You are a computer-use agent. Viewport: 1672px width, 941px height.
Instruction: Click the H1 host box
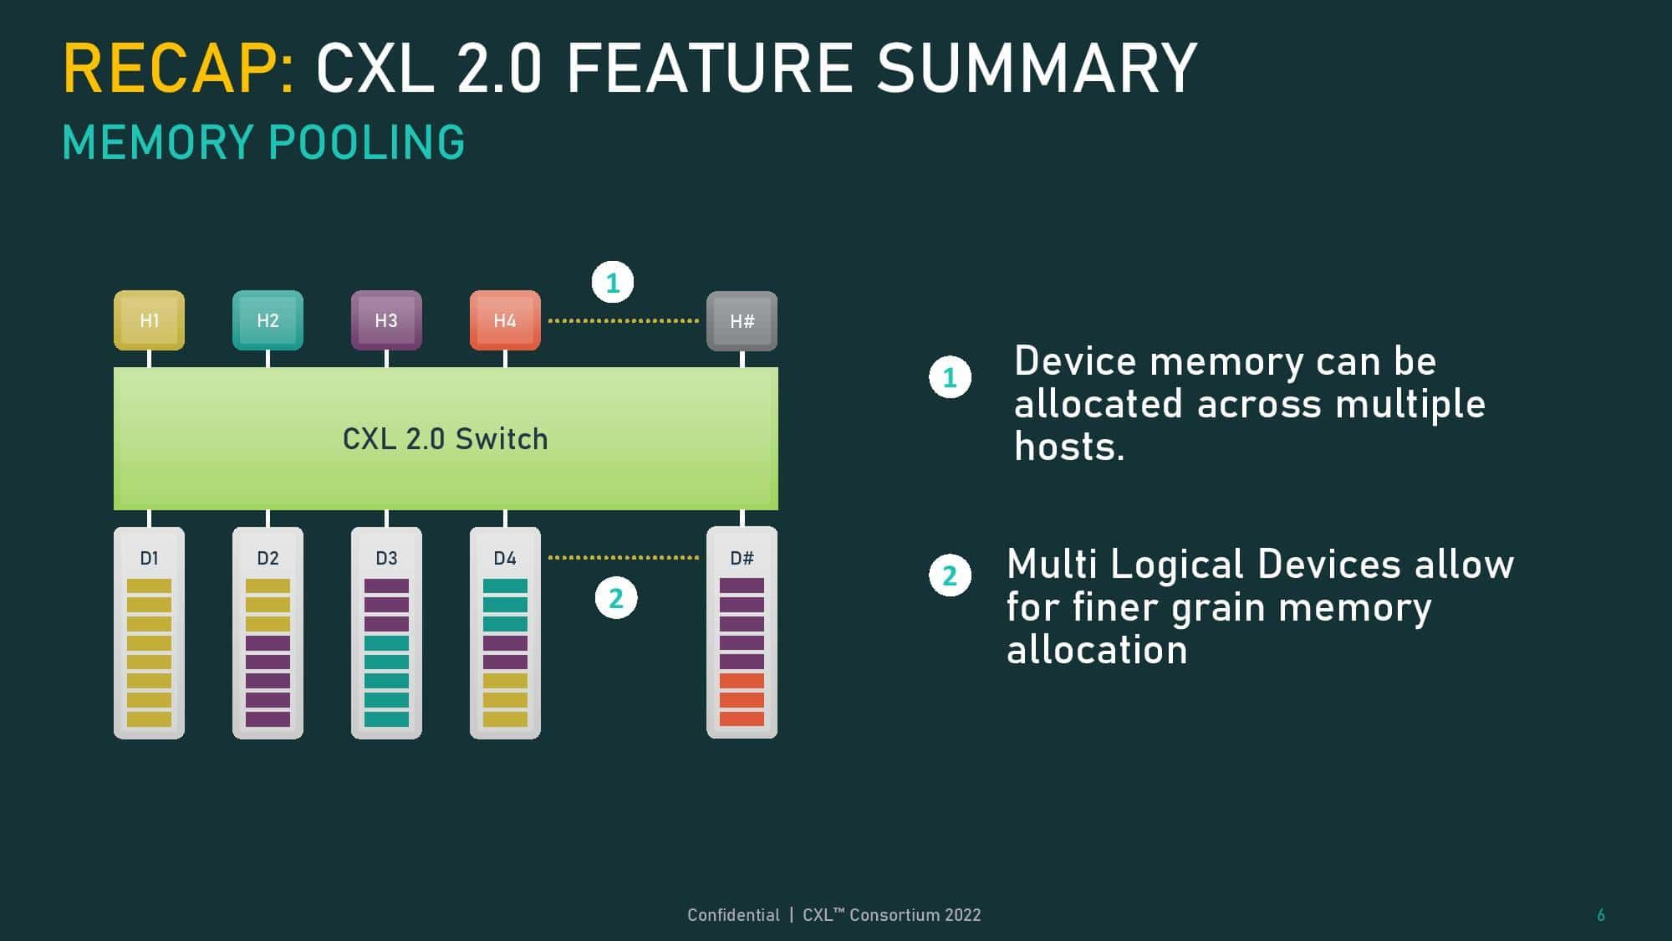tap(149, 320)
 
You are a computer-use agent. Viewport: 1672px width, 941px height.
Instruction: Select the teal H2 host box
tap(268, 320)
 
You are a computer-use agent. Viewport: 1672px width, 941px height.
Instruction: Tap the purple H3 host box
tap(386, 320)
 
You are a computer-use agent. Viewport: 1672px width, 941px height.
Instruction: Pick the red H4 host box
tap(505, 320)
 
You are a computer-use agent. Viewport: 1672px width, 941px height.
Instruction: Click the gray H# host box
tap(742, 321)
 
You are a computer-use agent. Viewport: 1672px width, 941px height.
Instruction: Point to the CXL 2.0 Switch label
tap(445, 439)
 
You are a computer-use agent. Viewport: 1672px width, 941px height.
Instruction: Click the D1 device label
tap(149, 558)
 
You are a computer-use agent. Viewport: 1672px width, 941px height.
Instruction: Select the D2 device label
tap(268, 558)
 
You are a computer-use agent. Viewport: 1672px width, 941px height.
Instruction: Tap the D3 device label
tap(386, 558)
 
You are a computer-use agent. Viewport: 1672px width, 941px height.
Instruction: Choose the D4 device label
tap(505, 558)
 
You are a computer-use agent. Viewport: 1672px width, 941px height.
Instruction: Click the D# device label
tap(742, 558)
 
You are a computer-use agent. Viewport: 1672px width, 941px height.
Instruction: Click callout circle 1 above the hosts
tap(613, 283)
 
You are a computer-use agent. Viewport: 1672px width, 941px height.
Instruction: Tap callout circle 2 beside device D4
tap(616, 598)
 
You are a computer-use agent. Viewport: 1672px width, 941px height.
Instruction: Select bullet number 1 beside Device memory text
tap(950, 377)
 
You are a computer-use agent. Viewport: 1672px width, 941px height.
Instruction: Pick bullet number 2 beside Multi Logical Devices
tap(950, 575)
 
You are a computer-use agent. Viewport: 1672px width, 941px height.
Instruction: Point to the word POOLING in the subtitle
tap(367, 142)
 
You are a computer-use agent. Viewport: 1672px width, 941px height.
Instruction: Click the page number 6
tap(1600, 915)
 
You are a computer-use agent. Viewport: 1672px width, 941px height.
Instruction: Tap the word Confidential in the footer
tap(732, 915)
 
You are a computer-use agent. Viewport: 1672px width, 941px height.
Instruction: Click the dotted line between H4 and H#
tap(623, 320)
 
